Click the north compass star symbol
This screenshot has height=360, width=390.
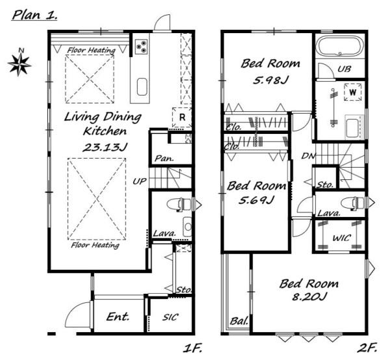point(19,64)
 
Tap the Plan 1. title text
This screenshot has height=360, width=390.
point(34,16)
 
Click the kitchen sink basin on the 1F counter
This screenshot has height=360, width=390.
point(142,87)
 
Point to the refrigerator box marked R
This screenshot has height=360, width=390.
point(182,118)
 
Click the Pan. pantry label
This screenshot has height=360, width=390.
point(164,159)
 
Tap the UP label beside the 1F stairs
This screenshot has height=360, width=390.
point(139,181)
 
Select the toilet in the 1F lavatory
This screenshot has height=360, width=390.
point(179,205)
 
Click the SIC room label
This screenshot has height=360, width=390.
point(170,317)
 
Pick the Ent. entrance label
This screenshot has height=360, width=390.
point(118,316)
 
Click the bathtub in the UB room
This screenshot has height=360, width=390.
point(340,47)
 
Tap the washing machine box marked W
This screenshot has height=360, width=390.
point(353,92)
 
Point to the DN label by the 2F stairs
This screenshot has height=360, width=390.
point(308,156)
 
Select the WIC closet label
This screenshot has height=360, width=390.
point(342,238)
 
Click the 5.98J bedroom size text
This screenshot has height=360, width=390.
point(270,80)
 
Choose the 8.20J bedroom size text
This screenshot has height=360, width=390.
point(309,296)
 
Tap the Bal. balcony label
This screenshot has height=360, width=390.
point(239,321)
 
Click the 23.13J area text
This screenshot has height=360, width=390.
point(105,148)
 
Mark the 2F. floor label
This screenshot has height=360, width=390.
point(368,348)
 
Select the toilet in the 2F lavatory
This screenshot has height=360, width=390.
point(354,203)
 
